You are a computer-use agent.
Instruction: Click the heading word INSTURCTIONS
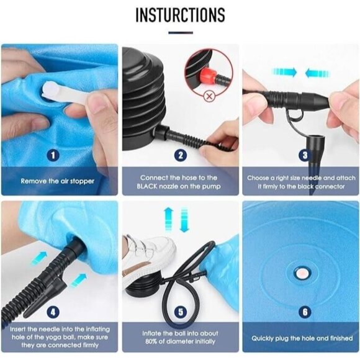(x=180, y=15)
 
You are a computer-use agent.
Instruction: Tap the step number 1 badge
(x=53, y=155)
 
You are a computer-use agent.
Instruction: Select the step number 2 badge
(x=181, y=155)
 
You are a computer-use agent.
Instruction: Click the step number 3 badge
(x=305, y=155)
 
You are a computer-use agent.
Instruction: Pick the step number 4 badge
(x=53, y=312)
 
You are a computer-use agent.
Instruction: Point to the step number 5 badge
(x=181, y=312)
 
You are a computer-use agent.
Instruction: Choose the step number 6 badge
(x=305, y=312)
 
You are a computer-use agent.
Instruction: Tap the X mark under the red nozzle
(x=209, y=96)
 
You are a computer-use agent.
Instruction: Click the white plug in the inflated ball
(x=302, y=273)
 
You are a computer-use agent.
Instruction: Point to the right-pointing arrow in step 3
(x=284, y=72)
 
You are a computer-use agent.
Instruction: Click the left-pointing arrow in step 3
(x=317, y=73)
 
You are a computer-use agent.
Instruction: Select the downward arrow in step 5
(x=184, y=220)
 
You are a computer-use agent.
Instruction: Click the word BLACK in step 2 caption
(x=147, y=186)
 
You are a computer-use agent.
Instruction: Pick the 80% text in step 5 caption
(x=151, y=341)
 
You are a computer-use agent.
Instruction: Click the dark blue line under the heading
(x=181, y=33)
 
